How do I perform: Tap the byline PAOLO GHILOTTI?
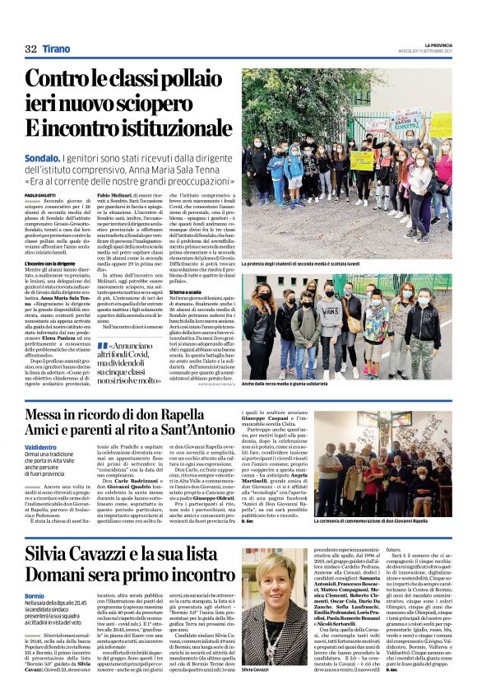[42, 194]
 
